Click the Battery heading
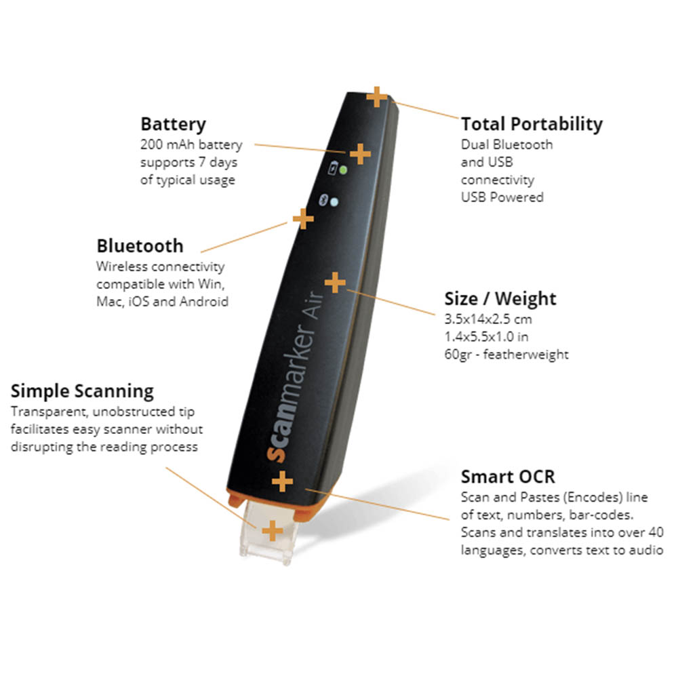coord(173,125)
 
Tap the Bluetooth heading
coord(140,245)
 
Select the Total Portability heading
coord(532,124)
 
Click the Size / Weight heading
coord(500,299)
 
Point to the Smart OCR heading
coord(507,476)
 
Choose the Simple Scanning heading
coord(82,391)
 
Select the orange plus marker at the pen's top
coord(377,96)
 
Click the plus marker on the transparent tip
coord(272,530)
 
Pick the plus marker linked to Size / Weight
coord(336,282)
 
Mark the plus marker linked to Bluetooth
coord(302,218)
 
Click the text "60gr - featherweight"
coord(506,354)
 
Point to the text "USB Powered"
coord(502,197)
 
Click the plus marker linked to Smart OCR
coord(282,482)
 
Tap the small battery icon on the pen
coord(333,169)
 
